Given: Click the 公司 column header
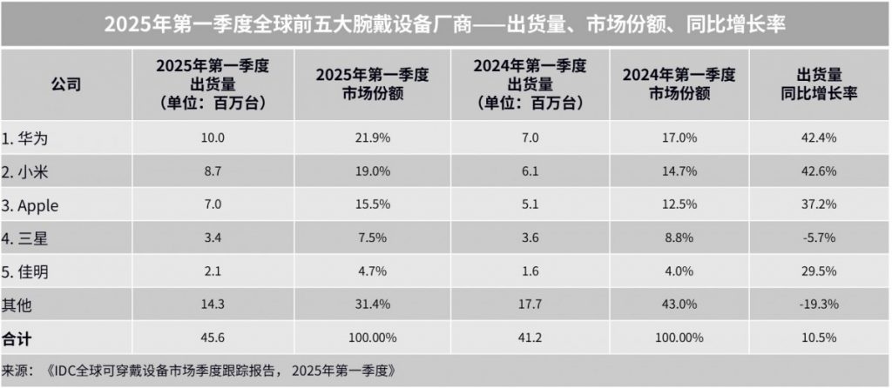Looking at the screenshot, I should (x=65, y=84).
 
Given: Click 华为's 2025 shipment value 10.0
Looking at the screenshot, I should (x=213, y=137).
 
